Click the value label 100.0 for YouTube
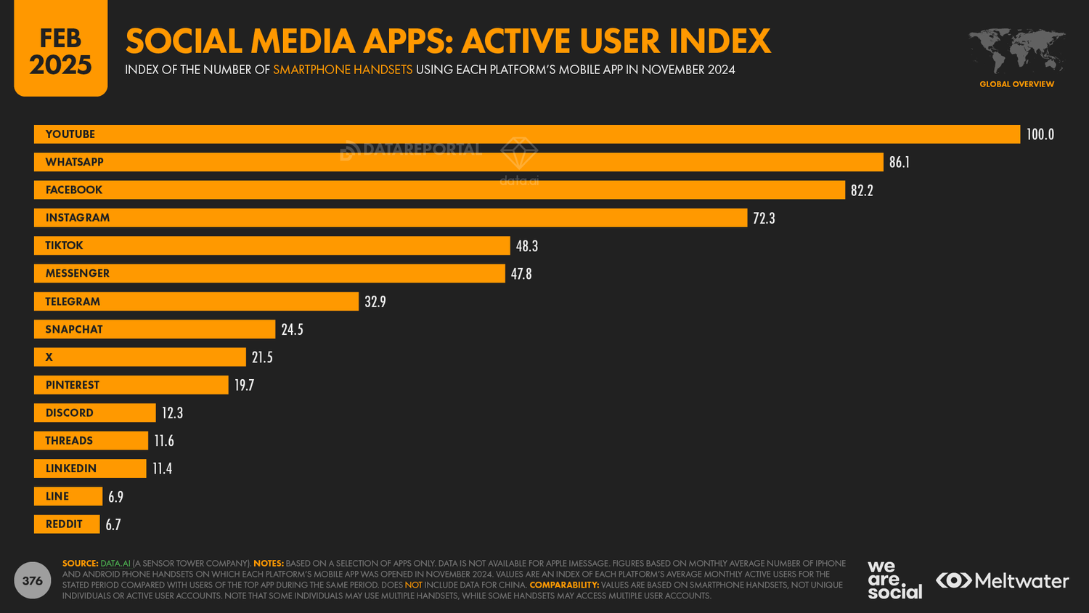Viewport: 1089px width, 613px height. (1040, 134)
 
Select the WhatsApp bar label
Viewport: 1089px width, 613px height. (74, 162)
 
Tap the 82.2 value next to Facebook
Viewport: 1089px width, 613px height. (862, 190)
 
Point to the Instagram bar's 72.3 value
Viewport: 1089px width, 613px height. (764, 218)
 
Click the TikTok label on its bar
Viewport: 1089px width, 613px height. (64, 245)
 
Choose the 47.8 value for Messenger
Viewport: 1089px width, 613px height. (521, 274)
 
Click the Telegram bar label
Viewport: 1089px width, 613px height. (73, 301)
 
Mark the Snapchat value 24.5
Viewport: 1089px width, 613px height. (292, 330)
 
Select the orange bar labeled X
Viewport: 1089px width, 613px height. (139, 357)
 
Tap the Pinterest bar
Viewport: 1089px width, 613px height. (131, 385)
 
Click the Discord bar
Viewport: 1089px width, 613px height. (94, 413)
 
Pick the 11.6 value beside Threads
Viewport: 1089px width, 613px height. (164, 441)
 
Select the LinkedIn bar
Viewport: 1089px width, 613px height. (90, 468)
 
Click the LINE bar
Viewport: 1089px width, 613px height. (68, 496)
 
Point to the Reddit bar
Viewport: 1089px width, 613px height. (67, 524)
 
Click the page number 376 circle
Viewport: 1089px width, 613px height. (33, 580)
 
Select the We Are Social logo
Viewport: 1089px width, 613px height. (894, 580)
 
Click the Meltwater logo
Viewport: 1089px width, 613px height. (1003, 580)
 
